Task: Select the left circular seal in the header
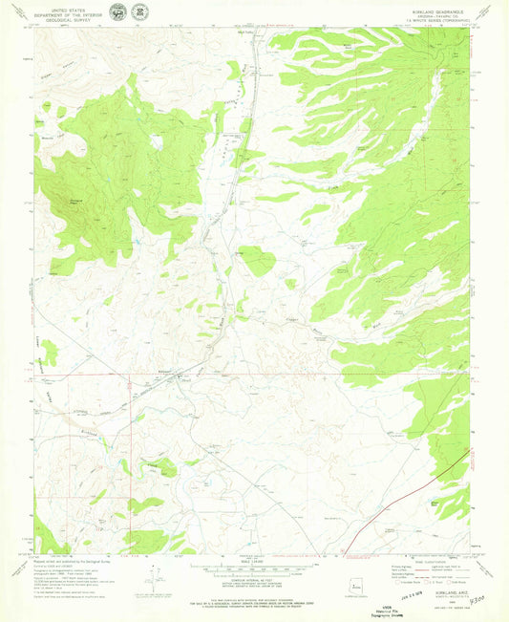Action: point(117,11)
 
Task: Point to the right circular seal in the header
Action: point(141,11)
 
